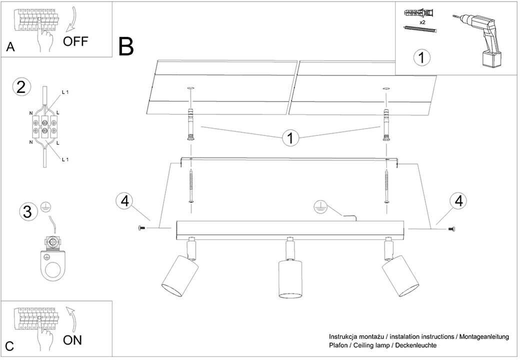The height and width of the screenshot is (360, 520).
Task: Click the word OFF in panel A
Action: point(75,41)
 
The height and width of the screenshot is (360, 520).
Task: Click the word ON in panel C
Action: point(72,340)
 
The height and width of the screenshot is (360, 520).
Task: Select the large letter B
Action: point(126,46)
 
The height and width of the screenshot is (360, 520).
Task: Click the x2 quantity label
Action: point(422,22)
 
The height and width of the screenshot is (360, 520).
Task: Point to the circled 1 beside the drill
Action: point(421,58)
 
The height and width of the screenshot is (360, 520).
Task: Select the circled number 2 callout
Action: point(20,87)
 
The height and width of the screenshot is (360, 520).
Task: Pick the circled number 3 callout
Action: point(28,211)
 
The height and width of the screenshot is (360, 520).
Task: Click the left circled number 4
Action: point(125,201)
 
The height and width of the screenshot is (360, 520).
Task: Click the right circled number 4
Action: point(458,200)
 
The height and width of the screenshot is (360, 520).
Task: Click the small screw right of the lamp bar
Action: point(451,229)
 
